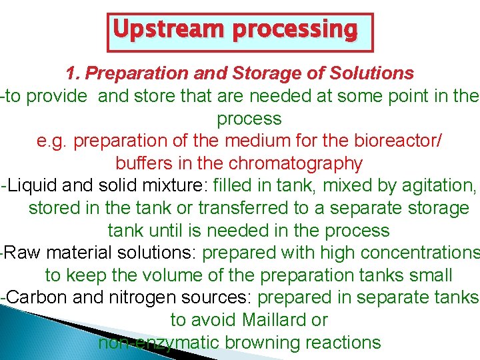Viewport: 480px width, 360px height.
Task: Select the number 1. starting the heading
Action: pyautogui.click(x=73, y=73)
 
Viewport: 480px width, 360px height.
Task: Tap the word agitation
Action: pyautogui.click(x=430, y=186)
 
